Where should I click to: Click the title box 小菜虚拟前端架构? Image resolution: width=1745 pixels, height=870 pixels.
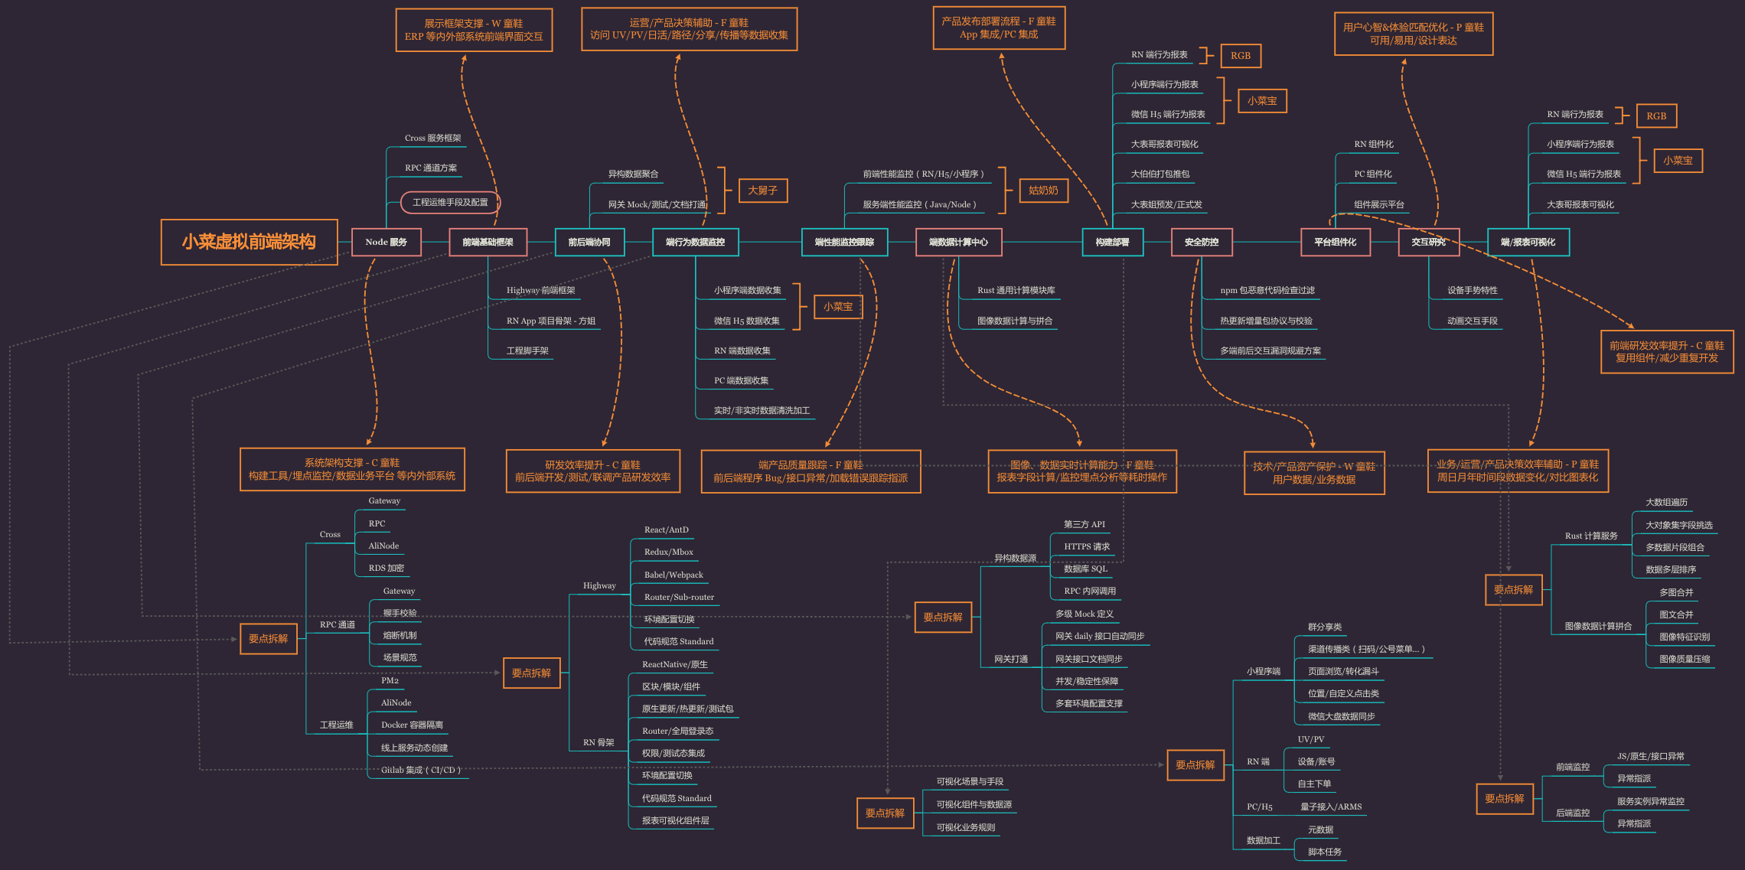(x=249, y=243)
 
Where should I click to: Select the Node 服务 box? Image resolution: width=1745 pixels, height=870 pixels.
(x=386, y=243)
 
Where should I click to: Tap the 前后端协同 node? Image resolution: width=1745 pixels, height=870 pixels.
(x=589, y=243)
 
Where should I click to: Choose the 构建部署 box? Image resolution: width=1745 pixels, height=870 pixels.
(x=1112, y=243)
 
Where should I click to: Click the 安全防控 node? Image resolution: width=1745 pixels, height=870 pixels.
(x=1201, y=243)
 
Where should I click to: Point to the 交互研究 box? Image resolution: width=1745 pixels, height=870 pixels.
(x=1428, y=243)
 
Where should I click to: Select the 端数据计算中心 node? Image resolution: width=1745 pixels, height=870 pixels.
(x=958, y=243)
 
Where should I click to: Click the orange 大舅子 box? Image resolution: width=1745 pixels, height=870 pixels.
(x=762, y=191)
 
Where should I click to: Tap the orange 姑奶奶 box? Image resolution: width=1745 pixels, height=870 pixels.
(x=1043, y=191)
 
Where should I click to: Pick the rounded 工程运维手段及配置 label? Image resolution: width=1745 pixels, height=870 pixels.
(x=450, y=203)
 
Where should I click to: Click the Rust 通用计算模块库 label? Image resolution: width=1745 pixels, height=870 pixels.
(x=1016, y=291)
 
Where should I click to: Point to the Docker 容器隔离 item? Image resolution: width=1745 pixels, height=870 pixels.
(x=412, y=725)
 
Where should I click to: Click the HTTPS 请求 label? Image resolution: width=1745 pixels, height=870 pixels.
(x=1086, y=547)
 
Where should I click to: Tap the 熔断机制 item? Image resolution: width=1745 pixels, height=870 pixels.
(x=400, y=636)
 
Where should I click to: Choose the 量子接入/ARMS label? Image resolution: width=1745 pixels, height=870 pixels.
(x=1330, y=807)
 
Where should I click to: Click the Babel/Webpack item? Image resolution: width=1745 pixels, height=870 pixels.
(x=674, y=575)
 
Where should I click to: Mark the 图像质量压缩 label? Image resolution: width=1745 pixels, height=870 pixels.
(x=1684, y=660)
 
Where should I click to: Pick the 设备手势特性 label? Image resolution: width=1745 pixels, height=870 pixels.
(x=1472, y=291)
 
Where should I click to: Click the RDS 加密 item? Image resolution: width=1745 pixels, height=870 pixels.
(x=386, y=569)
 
